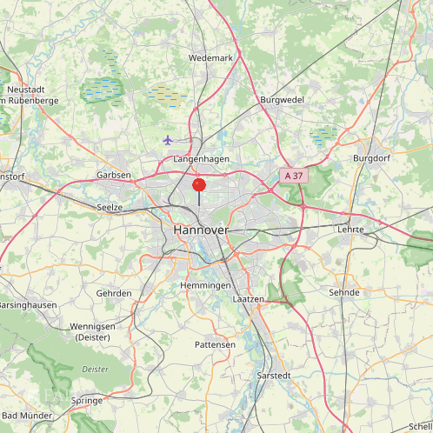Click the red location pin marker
(x=199, y=184)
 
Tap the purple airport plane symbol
(x=168, y=140)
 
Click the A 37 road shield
(x=294, y=176)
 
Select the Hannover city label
(x=201, y=230)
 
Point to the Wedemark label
(x=211, y=58)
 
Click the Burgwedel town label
(x=282, y=100)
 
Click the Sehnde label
(x=344, y=293)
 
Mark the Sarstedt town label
(x=276, y=376)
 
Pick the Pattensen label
(x=214, y=345)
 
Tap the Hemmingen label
(x=205, y=286)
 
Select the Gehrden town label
(x=114, y=294)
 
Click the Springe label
(x=86, y=401)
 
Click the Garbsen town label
(x=114, y=175)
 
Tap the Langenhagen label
(x=201, y=160)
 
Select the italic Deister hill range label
(x=96, y=369)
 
